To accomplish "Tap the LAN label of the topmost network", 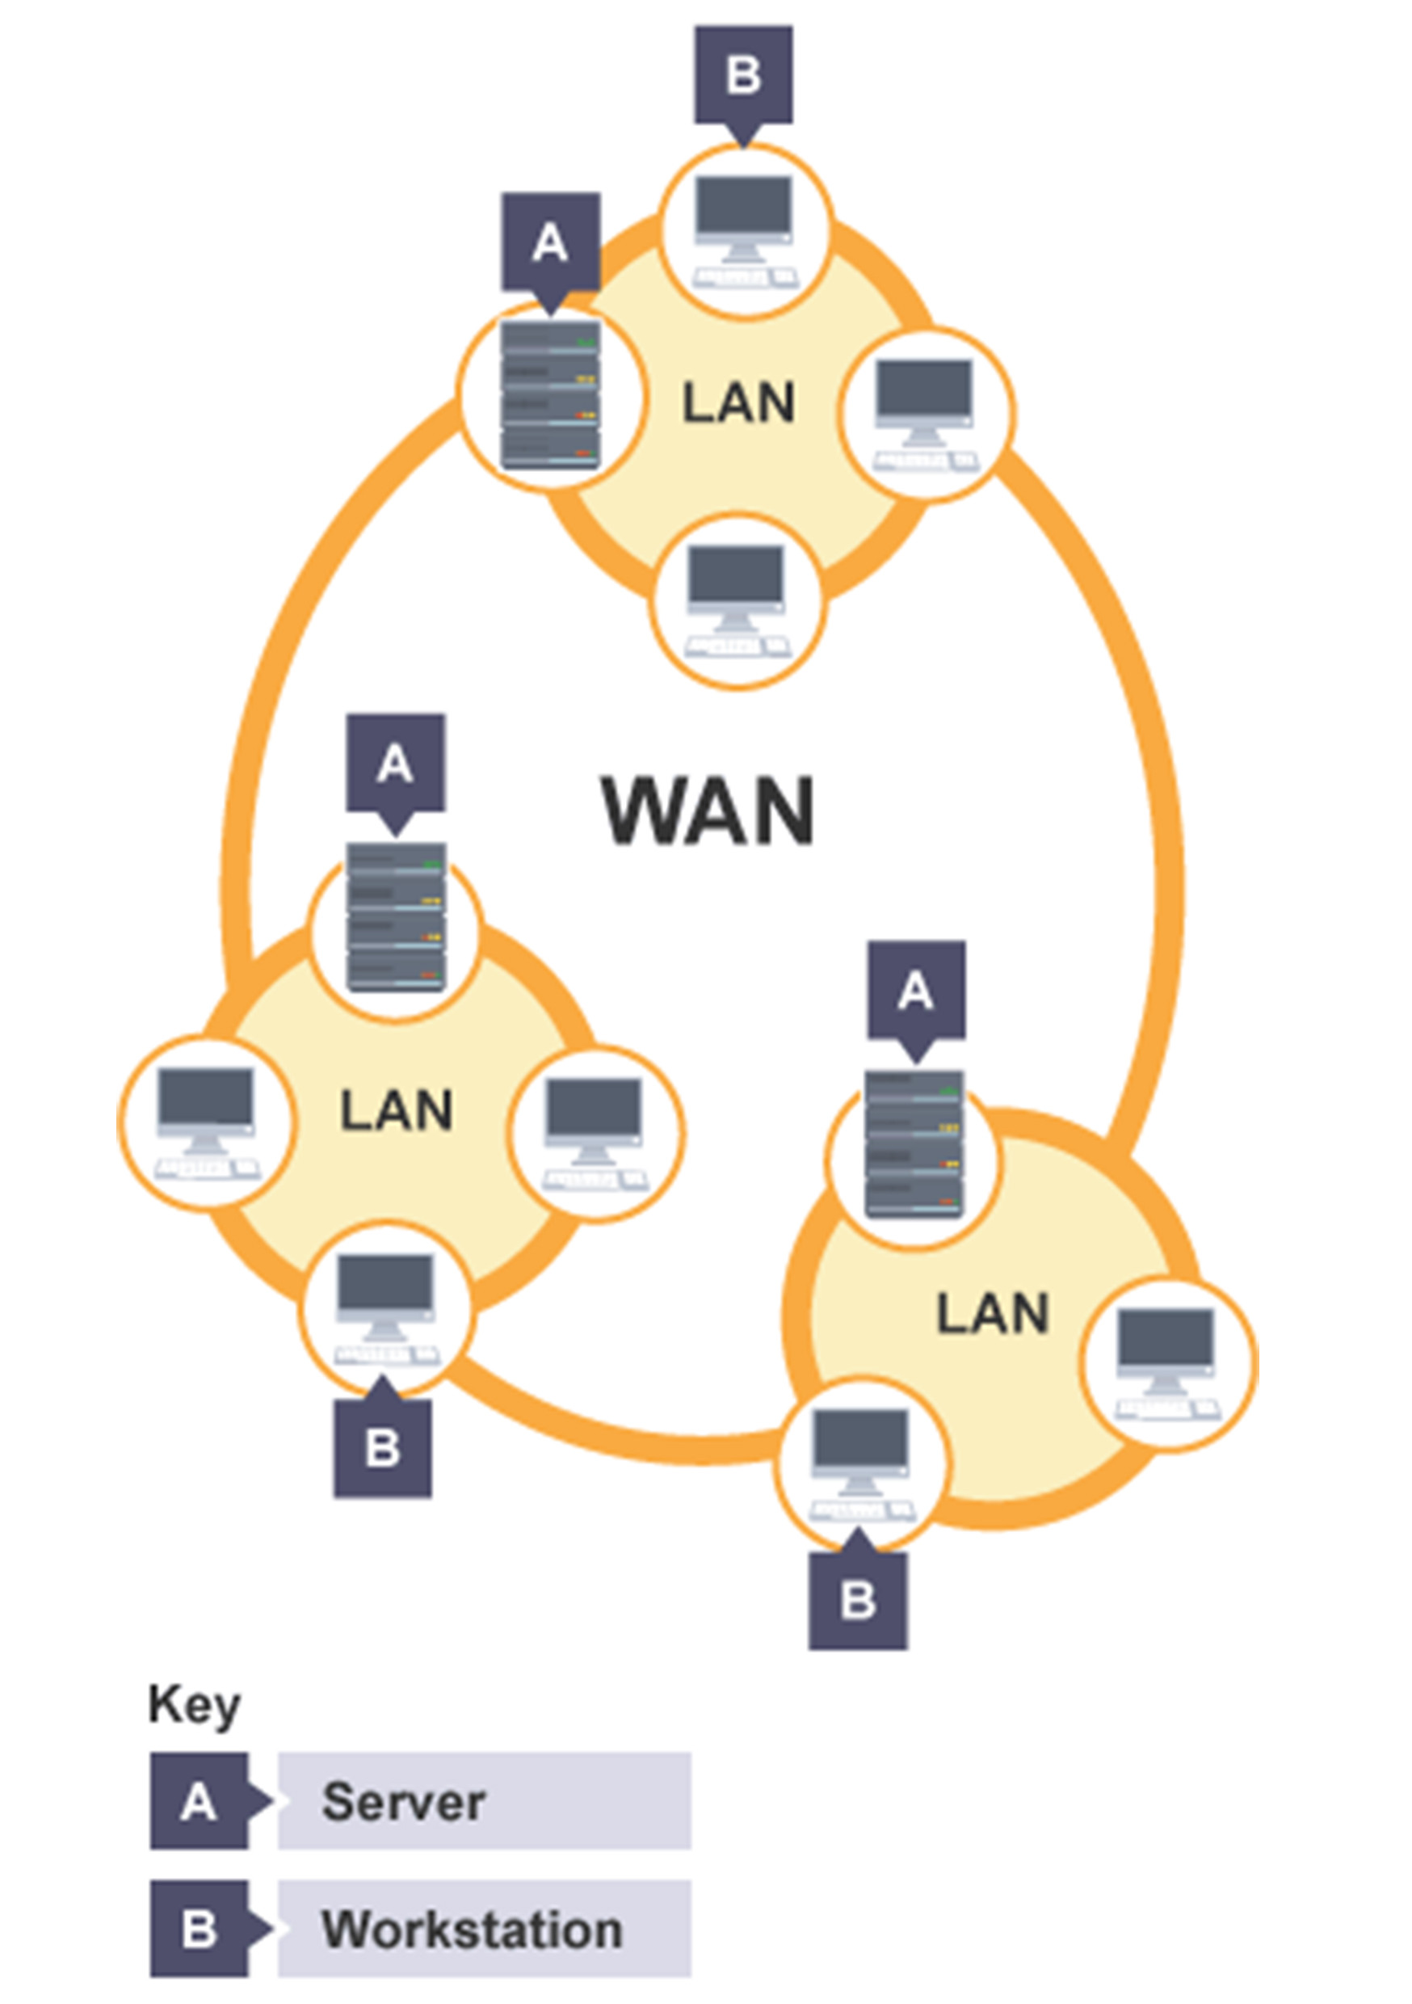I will (738, 403).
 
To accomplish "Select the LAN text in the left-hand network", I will (396, 1110).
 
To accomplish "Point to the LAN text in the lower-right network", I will (992, 1314).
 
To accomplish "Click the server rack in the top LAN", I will (551, 395).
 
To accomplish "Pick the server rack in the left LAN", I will (396, 916).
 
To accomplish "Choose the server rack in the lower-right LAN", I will (914, 1143).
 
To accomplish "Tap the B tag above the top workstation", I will (743, 74).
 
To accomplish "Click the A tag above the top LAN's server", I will (551, 242).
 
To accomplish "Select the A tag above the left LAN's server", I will (395, 764).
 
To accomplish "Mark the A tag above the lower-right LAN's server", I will (916, 991).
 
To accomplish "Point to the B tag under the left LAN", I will (382, 1448).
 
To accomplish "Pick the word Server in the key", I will (403, 1801).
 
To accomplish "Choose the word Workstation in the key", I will (472, 1929).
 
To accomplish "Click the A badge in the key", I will (199, 1801).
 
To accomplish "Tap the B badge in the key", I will (199, 1929).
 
